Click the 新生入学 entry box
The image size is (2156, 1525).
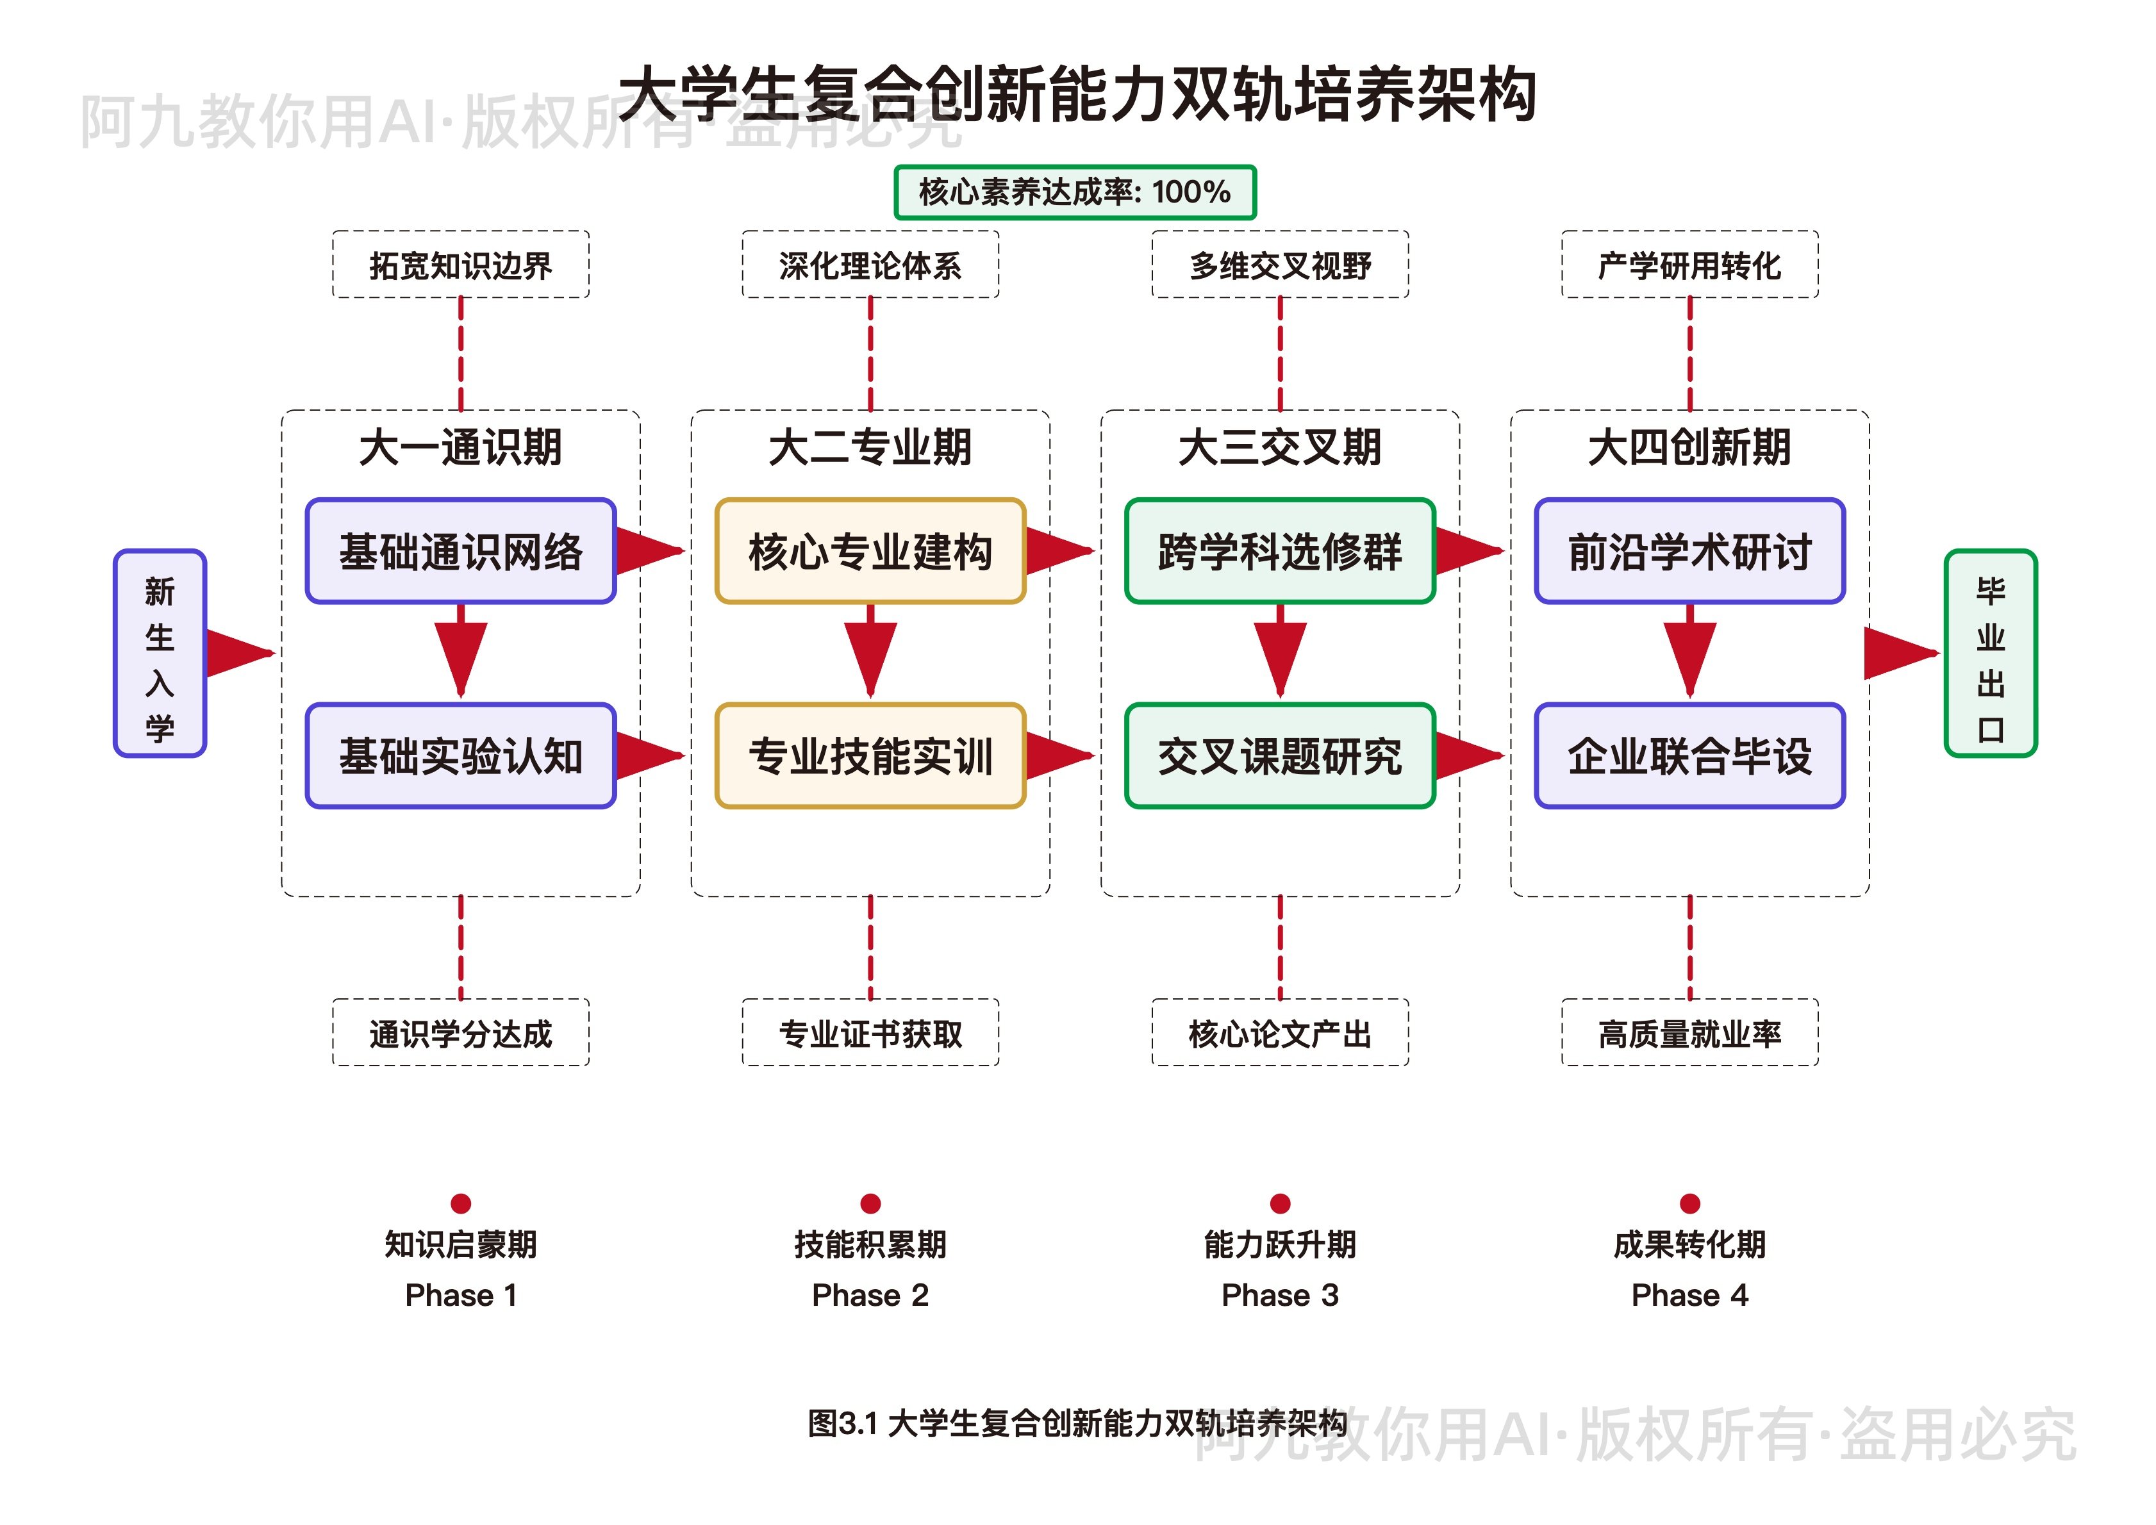click(x=160, y=654)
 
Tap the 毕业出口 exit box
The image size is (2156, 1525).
click(x=1990, y=654)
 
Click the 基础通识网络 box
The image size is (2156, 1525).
click(x=460, y=551)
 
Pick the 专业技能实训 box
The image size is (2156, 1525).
click(x=870, y=756)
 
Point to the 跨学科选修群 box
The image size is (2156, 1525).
click(x=1280, y=551)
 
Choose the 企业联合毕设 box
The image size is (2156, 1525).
click(x=1689, y=756)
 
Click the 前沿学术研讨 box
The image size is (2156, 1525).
click(x=1689, y=551)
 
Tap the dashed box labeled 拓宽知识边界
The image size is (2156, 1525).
click(x=460, y=265)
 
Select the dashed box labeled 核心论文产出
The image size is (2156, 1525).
click(x=1280, y=1033)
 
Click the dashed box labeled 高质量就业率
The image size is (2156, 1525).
click(x=1689, y=1033)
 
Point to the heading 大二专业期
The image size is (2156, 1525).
click(x=870, y=447)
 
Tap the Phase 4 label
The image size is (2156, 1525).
click(x=1689, y=1295)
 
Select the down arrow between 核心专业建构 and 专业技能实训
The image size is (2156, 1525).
click(x=870, y=653)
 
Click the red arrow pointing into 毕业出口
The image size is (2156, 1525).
click(x=1899, y=654)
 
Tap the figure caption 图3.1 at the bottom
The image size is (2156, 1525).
click(x=1077, y=1424)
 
